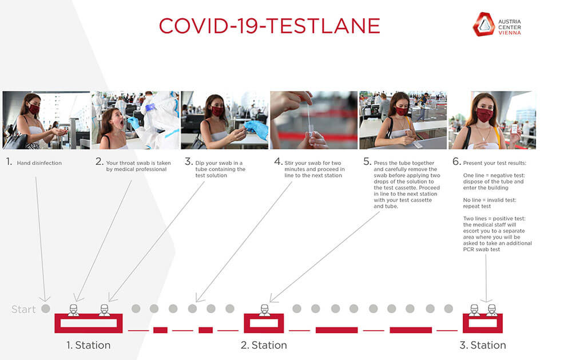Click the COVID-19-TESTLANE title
[x=269, y=26]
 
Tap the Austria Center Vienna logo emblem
[x=484, y=25]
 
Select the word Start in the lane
[x=23, y=309]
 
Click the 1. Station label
[x=88, y=345]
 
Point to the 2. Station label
[x=264, y=345]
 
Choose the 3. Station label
[x=483, y=345]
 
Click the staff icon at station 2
[x=264, y=310]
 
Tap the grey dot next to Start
[x=46, y=308]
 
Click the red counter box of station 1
[x=88, y=323]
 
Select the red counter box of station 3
[x=483, y=323]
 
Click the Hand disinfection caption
[x=39, y=163]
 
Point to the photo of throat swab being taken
[x=136, y=120]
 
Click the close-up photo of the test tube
[x=313, y=120]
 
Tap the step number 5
[x=367, y=161]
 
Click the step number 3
[x=189, y=161]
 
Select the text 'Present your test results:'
[x=495, y=163]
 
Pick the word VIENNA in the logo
[x=510, y=33]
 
